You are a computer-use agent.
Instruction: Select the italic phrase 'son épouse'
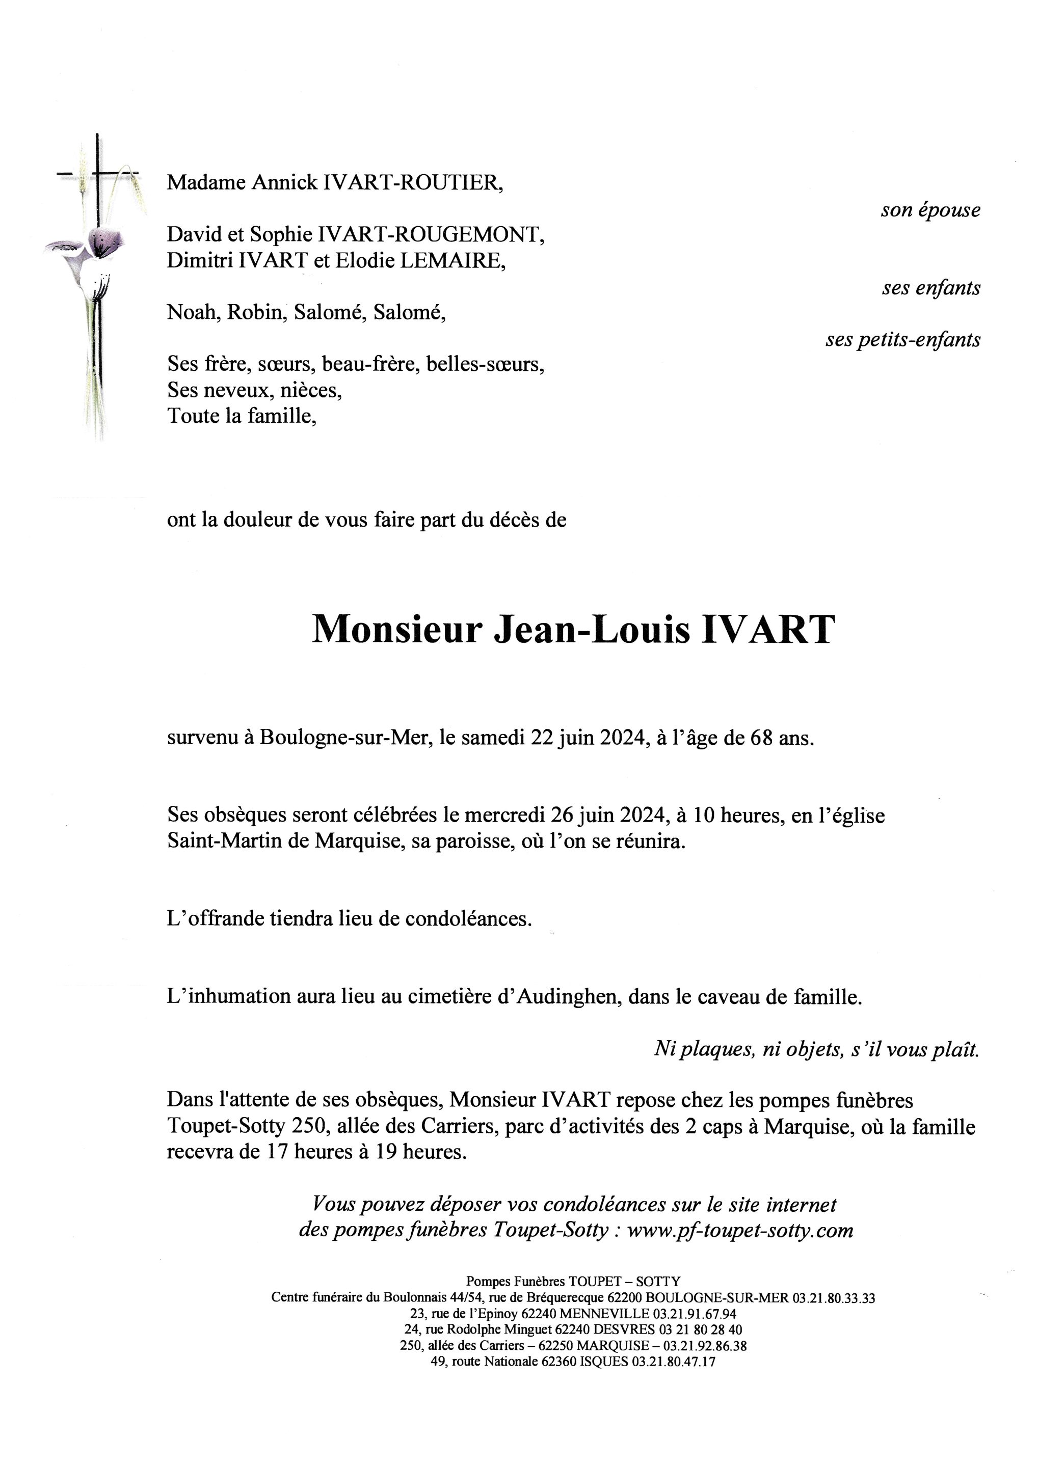(x=930, y=210)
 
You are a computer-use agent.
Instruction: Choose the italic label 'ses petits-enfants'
(x=902, y=339)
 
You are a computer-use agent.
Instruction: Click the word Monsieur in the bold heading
(x=396, y=630)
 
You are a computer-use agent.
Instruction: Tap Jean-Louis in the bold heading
(x=592, y=630)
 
